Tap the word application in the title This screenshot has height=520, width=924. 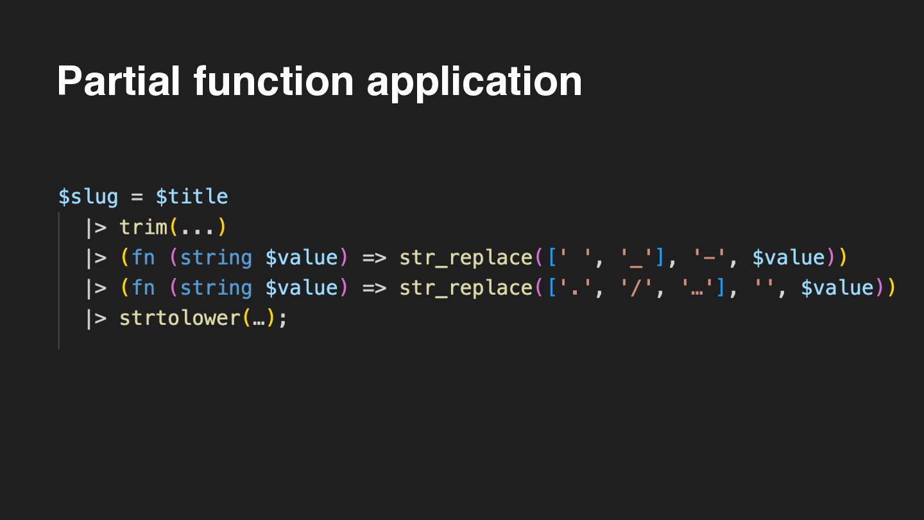pyautogui.click(x=474, y=82)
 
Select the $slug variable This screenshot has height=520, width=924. pyautogui.click(x=88, y=196)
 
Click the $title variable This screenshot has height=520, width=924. pyautogui.click(x=192, y=196)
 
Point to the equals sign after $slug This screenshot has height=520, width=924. pyautogui.click(x=137, y=196)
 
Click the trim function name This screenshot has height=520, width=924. pyautogui.click(x=144, y=227)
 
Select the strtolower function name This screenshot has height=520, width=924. pyautogui.click(x=180, y=318)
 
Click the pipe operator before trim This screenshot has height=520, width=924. pyautogui.click(x=96, y=227)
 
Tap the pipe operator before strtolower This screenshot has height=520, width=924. pyautogui.click(x=96, y=318)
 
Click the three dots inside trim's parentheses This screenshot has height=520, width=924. pyautogui.click(x=198, y=227)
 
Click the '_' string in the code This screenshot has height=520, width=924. pyautogui.click(x=637, y=257)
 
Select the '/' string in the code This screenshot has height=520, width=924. pyautogui.click(x=637, y=288)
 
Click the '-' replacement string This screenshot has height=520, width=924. pyautogui.click(x=710, y=257)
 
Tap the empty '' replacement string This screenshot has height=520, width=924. pyautogui.click(x=765, y=288)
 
